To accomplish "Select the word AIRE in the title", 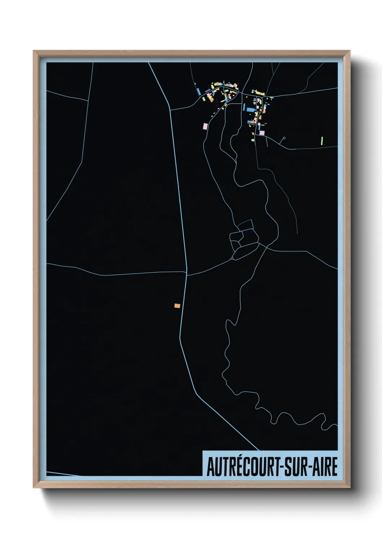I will click(325, 467).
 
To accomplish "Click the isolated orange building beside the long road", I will click(177, 306).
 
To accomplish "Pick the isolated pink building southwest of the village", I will click(205, 126).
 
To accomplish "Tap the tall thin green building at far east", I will click(322, 140).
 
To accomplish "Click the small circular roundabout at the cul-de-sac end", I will click(284, 138).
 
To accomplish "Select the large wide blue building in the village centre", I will click(251, 109).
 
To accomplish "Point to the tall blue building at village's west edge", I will click(199, 92).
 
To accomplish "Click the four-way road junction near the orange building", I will click(187, 273).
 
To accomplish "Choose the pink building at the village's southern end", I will click(262, 133).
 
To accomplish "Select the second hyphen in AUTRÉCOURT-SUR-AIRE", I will click(309, 468).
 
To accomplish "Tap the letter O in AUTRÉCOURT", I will click(252, 467).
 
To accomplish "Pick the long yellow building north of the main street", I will click(259, 93).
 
